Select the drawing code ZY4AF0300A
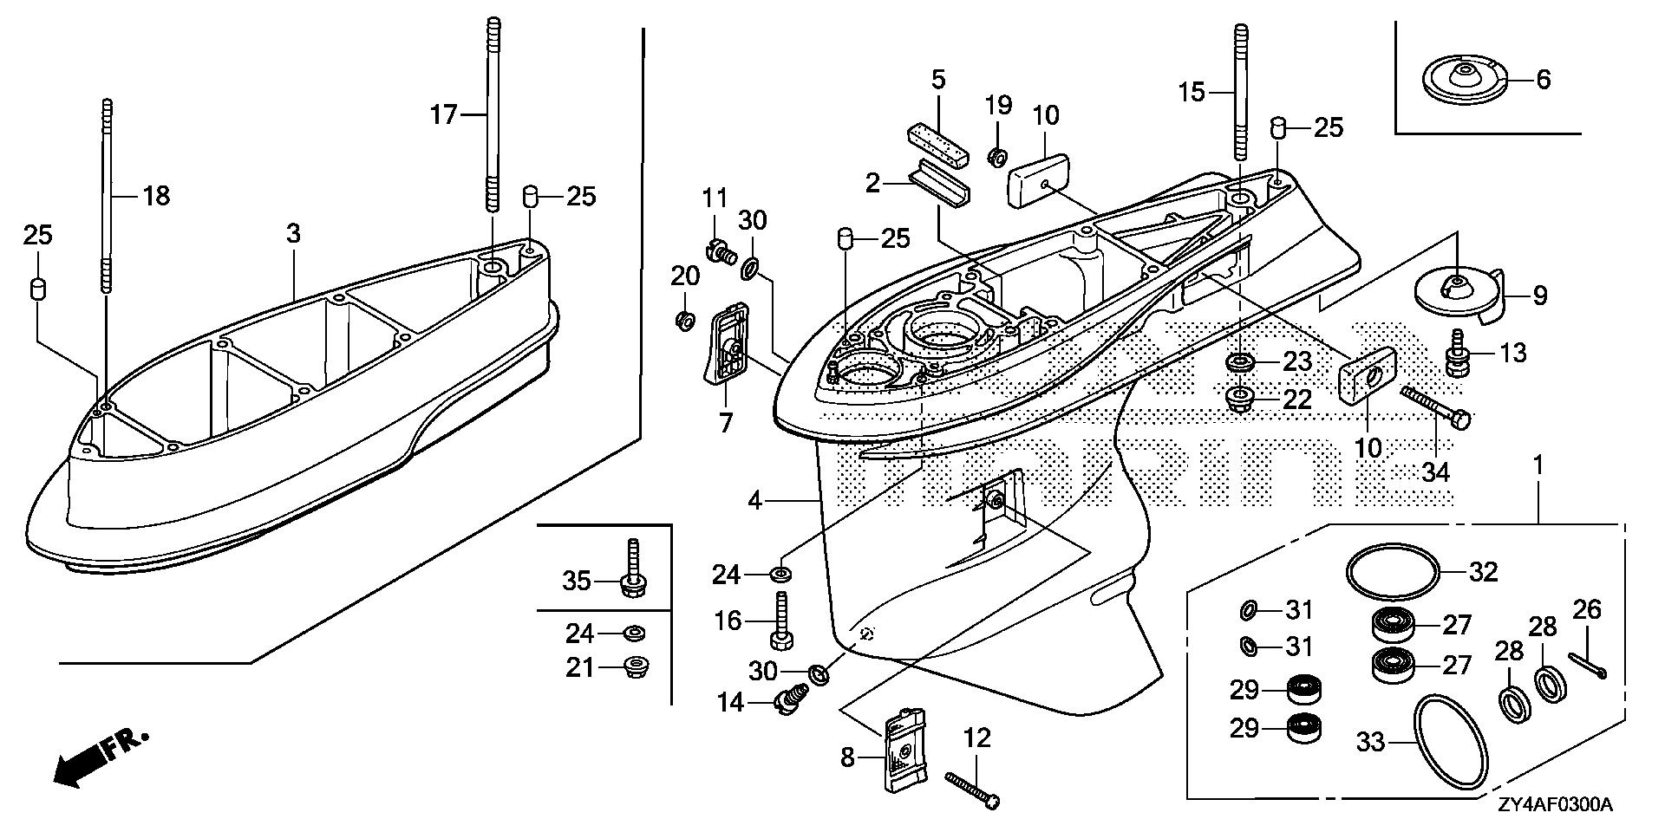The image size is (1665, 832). tap(1554, 806)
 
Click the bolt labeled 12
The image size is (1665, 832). tap(970, 791)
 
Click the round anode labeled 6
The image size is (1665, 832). tap(1465, 80)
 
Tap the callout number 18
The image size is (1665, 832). tap(156, 197)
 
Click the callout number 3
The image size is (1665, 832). tap(294, 234)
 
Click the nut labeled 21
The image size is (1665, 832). tap(637, 668)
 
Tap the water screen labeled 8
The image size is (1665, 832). tap(905, 749)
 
